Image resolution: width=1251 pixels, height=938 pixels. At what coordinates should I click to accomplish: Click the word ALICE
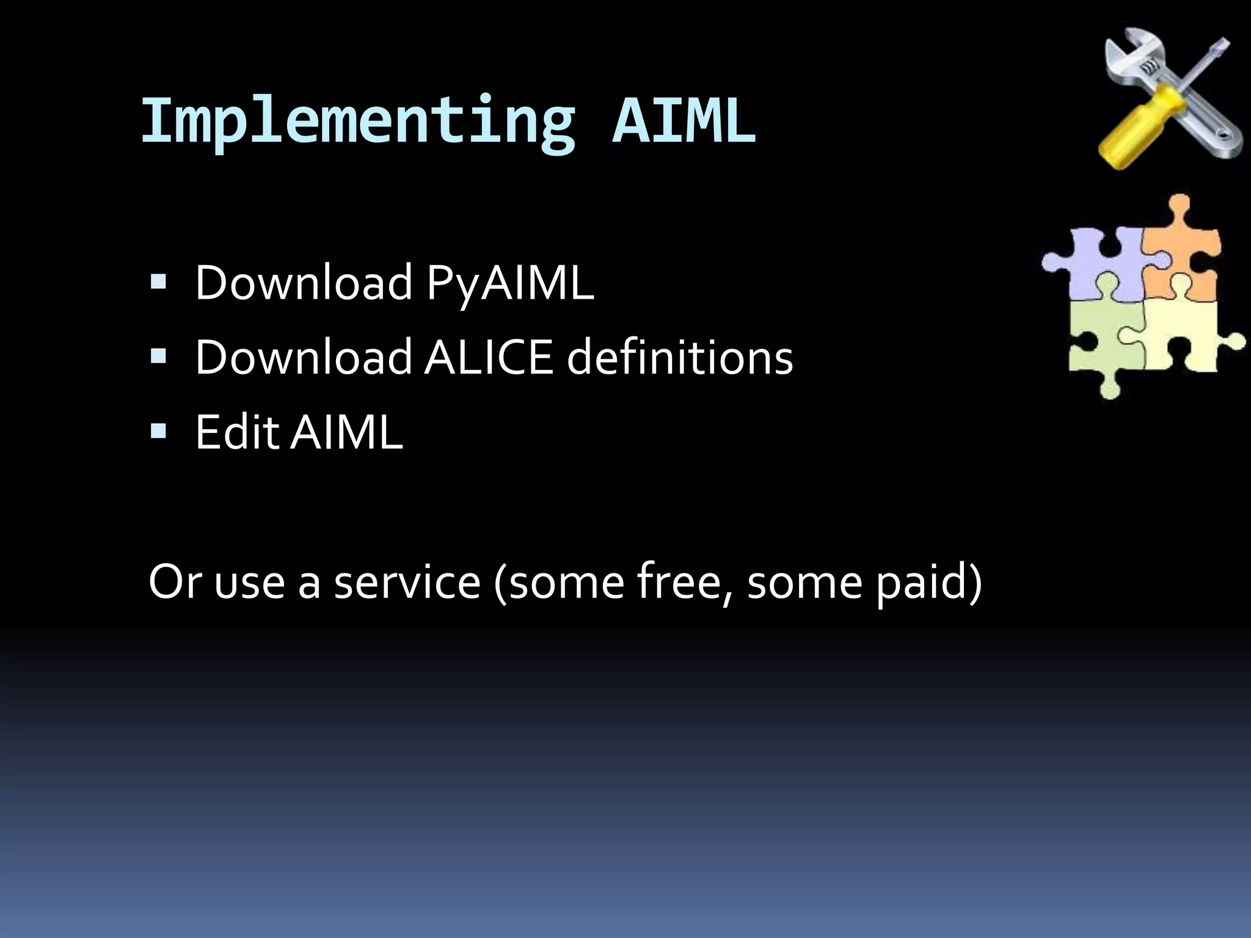click(x=488, y=357)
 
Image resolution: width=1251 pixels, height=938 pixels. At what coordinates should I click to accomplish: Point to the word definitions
click(x=680, y=357)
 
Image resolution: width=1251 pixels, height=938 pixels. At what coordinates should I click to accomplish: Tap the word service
click(x=407, y=581)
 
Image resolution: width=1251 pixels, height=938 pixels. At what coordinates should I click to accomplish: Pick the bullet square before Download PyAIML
click(x=158, y=282)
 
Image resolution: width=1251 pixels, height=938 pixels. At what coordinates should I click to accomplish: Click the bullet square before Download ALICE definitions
click(x=158, y=357)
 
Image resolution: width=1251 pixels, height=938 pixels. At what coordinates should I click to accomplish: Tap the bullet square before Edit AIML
click(x=158, y=431)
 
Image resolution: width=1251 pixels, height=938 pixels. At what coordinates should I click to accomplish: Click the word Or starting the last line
click(x=173, y=581)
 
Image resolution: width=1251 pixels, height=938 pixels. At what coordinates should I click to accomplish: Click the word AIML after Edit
click(x=346, y=432)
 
